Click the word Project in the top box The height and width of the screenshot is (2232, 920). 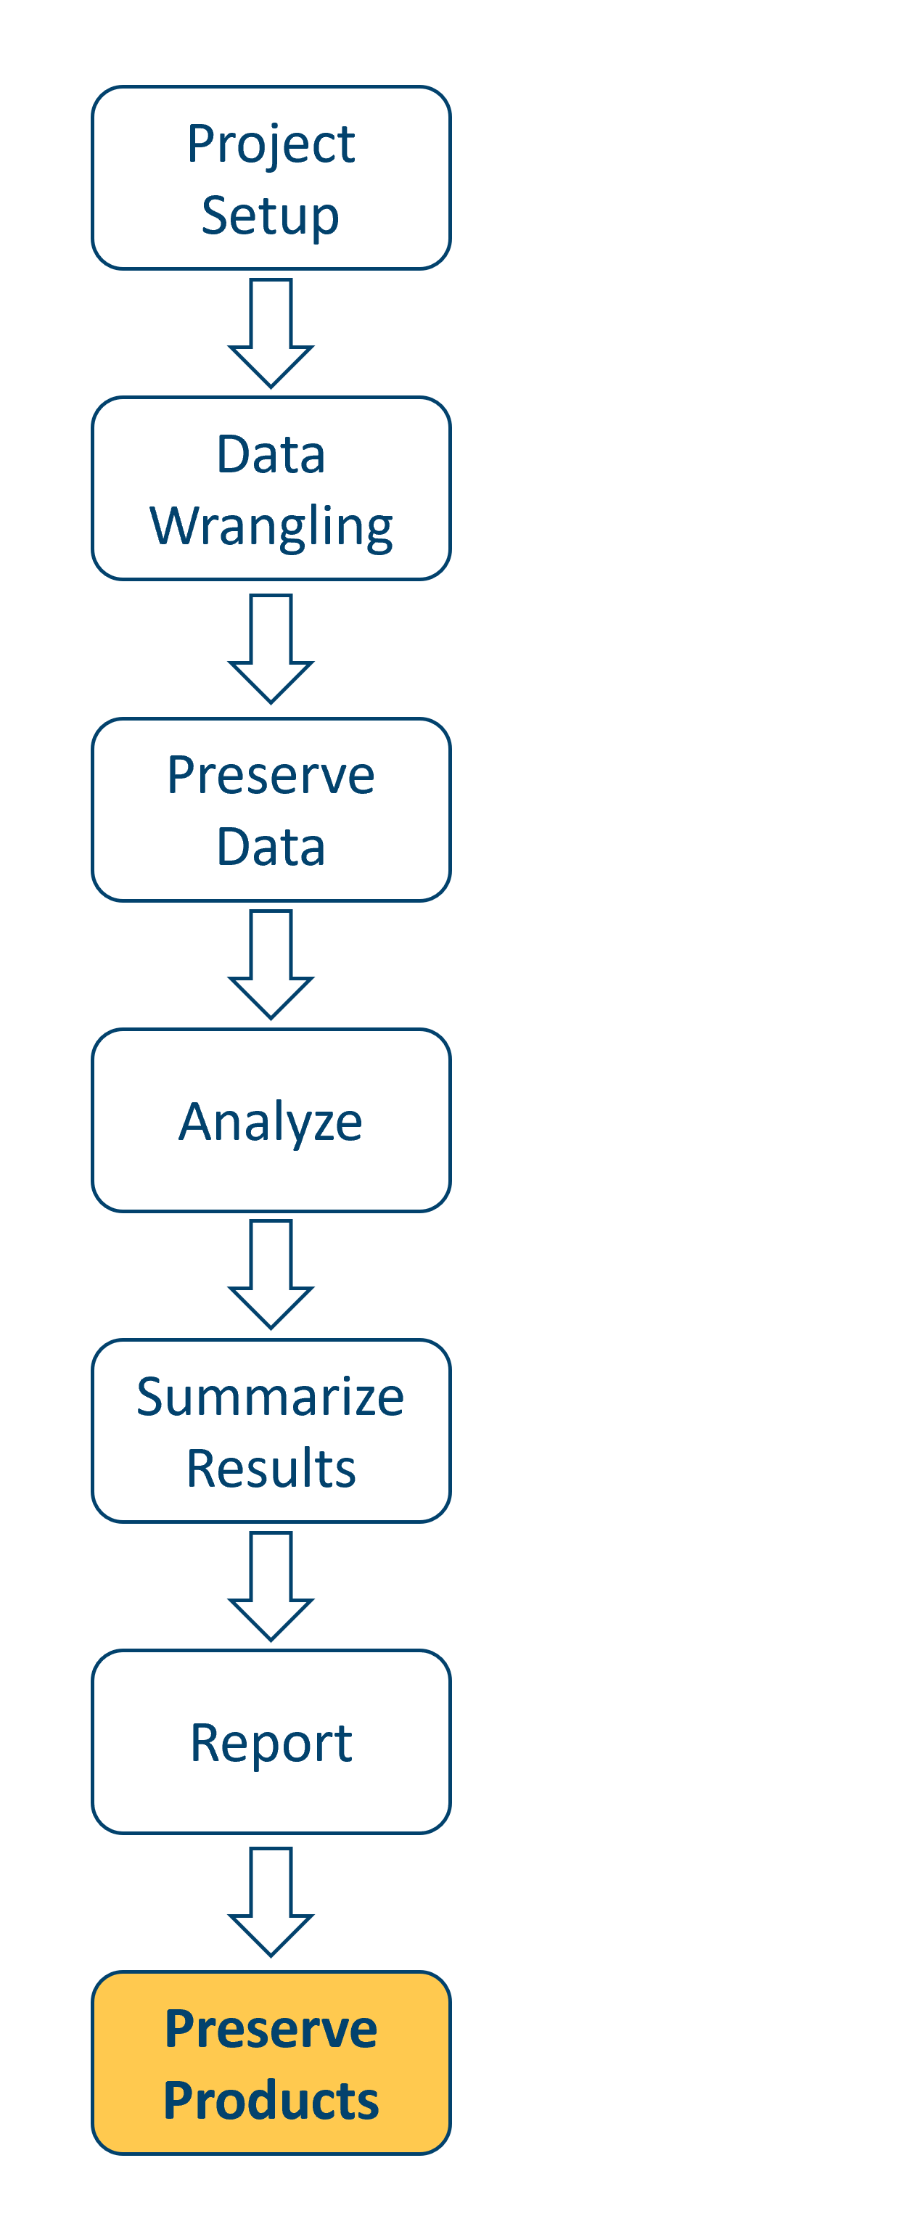[271, 144]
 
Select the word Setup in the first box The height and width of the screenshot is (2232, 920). [271, 215]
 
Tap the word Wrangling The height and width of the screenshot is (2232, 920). [271, 527]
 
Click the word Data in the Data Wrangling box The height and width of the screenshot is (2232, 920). [271, 454]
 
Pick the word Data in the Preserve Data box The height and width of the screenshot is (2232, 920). [271, 847]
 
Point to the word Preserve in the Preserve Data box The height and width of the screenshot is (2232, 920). [271, 775]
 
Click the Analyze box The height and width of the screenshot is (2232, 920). [271, 1120]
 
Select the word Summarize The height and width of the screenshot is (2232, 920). [271, 1397]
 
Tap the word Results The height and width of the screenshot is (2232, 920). [271, 1469]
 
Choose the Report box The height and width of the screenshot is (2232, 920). [271, 1741]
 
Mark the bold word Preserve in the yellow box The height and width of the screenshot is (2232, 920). [271, 2030]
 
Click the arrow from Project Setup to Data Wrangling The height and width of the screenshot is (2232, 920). [271, 333]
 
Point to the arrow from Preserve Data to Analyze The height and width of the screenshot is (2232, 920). [271, 964]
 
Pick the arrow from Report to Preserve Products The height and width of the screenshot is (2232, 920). [271, 1901]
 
